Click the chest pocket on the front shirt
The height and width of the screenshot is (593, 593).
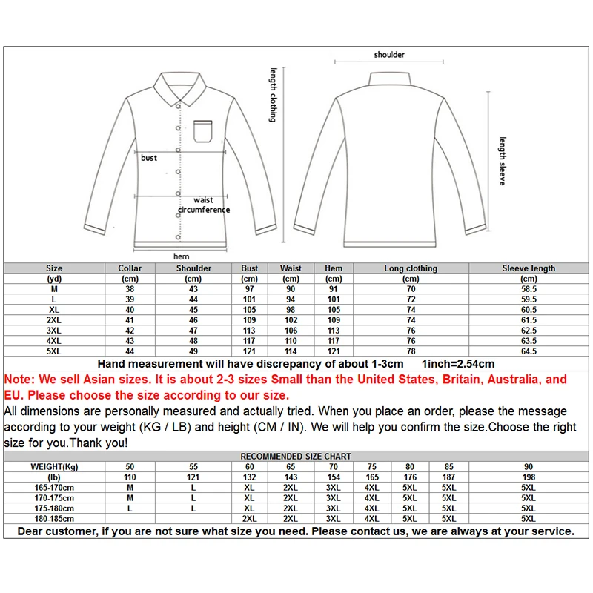204,131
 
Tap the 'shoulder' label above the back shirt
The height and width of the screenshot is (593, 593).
389,55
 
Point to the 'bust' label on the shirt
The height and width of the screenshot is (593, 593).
149,158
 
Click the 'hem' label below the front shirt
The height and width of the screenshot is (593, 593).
181,256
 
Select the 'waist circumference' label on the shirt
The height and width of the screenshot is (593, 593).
204,205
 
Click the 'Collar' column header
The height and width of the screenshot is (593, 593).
130,268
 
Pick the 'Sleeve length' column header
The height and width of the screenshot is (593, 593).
529,268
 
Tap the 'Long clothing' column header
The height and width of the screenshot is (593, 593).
411,268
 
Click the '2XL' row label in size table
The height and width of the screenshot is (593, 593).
54,320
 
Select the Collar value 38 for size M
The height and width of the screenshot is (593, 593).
130,289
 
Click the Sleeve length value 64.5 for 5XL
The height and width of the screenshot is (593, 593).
529,351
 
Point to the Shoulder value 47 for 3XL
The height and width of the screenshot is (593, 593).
194,331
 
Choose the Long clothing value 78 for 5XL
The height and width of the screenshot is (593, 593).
411,351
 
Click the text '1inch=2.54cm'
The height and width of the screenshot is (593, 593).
457,364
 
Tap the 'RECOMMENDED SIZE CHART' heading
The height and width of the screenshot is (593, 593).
296,456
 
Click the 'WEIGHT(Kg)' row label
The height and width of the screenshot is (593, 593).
54,466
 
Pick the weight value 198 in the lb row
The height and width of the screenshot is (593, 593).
529,477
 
